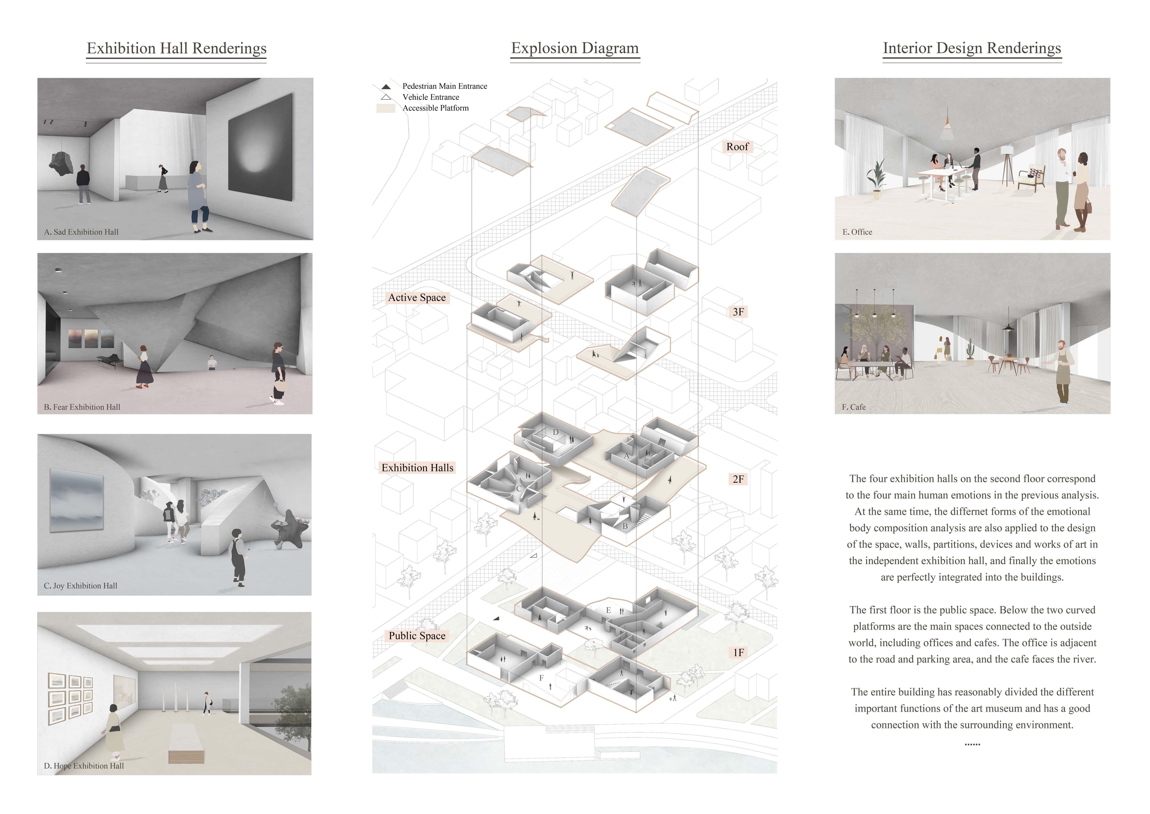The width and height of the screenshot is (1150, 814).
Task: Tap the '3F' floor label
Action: (738, 312)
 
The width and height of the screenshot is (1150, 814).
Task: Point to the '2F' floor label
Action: (738, 479)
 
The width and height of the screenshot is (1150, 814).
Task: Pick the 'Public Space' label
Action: (417, 636)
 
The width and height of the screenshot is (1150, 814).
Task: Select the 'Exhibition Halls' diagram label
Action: (417, 468)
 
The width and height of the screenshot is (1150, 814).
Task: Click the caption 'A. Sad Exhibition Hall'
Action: (81, 232)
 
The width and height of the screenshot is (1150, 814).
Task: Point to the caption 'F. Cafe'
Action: (854, 407)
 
